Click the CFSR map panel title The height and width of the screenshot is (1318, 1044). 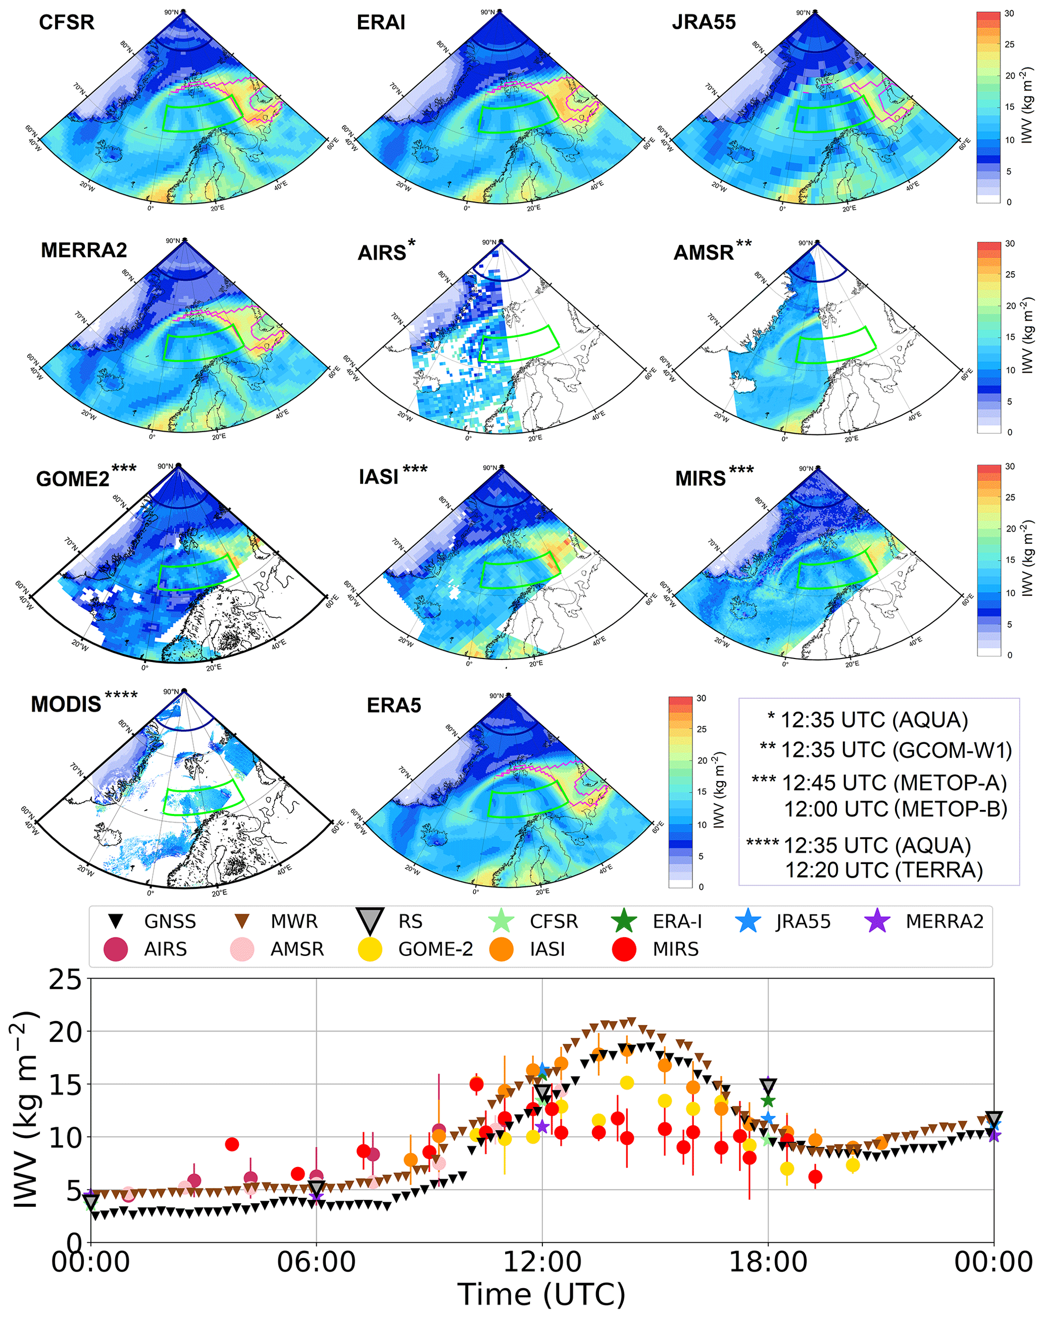click(x=67, y=23)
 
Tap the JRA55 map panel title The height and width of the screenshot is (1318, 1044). click(x=704, y=23)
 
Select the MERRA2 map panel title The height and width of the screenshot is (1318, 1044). click(x=84, y=250)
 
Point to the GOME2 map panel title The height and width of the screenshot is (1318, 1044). click(x=73, y=478)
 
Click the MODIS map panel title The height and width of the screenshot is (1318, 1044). click(x=66, y=704)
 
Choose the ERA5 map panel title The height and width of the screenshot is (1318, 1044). click(x=393, y=706)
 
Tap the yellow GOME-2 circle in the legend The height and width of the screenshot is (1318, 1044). click(x=370, y=949)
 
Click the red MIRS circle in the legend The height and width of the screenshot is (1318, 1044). click(x=624, y=949)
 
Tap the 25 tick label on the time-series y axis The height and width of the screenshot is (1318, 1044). click(x=65, y=981)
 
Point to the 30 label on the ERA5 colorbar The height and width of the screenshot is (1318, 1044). click(x=701, y=698)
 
